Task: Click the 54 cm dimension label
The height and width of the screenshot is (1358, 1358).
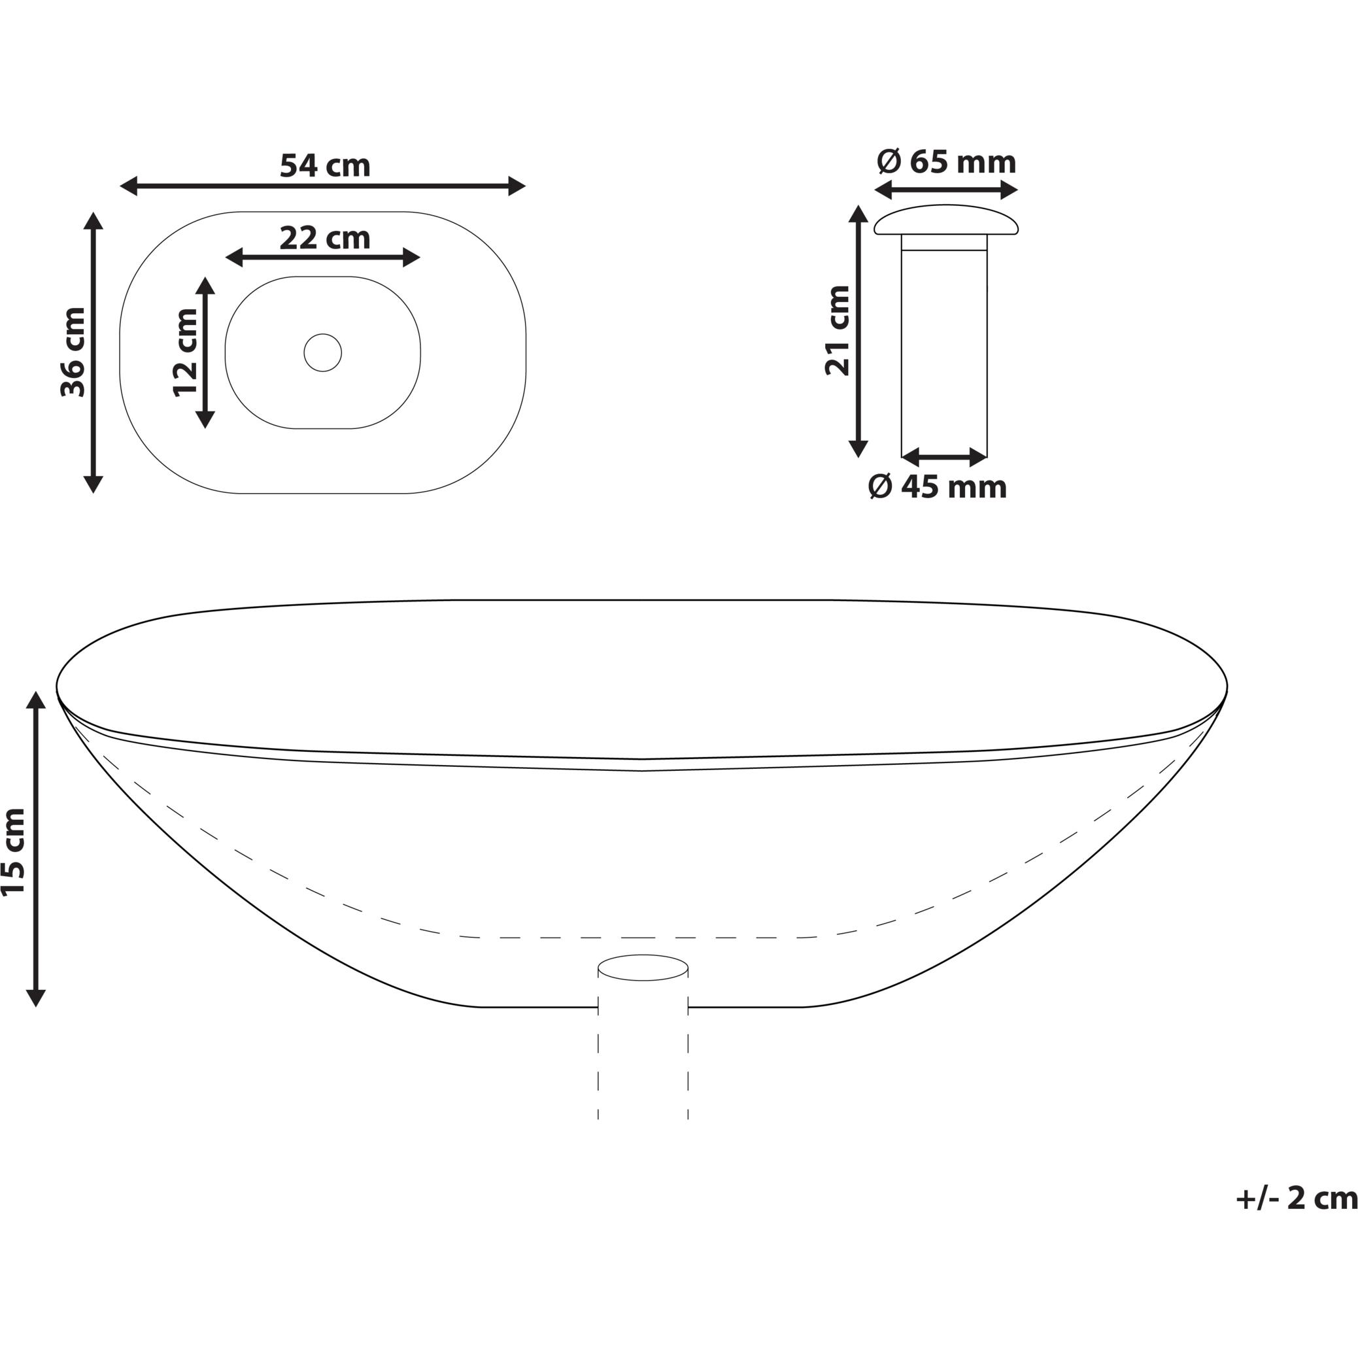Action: click(x=325, y=166)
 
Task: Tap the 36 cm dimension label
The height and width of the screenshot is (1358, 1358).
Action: click(x=73, y=352)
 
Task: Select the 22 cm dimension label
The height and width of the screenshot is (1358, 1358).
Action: click(x=325, y=237)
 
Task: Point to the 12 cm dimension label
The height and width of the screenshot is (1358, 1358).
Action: click(x=186, y=352)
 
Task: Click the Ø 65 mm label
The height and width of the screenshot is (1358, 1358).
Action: click(x=946, y=162)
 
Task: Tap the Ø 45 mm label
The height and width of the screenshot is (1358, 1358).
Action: click(x=938, y=486)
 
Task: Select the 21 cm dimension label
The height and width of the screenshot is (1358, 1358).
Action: click(x=838, y=330)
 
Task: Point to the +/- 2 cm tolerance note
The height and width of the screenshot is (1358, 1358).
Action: click(x=1295, y=1198)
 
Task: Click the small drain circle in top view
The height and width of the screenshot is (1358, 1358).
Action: click(x=322, y=352)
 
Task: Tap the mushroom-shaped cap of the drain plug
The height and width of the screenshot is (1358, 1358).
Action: click(x=946, y=220)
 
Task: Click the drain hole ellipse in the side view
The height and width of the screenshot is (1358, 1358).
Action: click(x=643, y=967)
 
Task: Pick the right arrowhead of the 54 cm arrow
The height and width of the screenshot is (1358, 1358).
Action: click(x=517, y=186)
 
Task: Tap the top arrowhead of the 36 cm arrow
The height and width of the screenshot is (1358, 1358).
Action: click(x=93, y=220)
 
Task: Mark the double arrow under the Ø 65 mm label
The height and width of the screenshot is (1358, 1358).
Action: click(x=946, y=190)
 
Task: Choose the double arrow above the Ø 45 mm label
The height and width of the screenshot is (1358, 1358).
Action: click(x=944, y=457)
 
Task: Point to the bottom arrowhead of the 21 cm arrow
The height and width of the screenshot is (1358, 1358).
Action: click(x=858, y=449)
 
